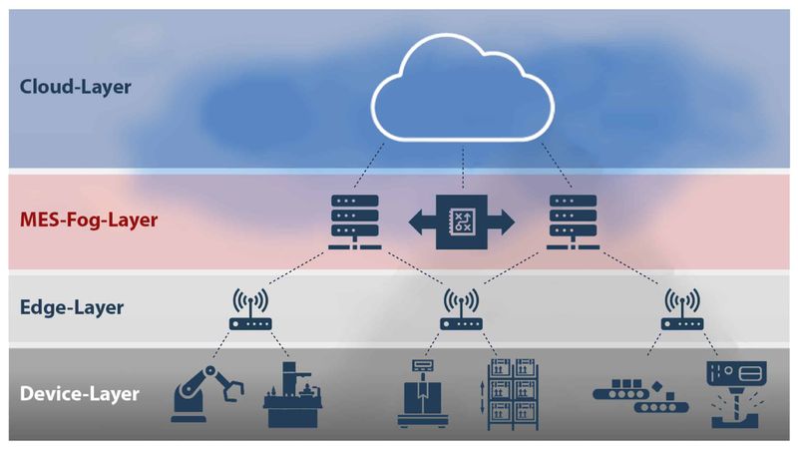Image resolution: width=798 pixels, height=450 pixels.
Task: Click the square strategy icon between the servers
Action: [461, 221]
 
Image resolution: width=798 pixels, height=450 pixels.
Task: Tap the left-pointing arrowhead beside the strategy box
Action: [420, 221]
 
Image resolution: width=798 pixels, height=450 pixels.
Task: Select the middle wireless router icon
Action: [460, 312]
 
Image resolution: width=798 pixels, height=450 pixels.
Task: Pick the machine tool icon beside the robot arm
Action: [293, 396]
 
